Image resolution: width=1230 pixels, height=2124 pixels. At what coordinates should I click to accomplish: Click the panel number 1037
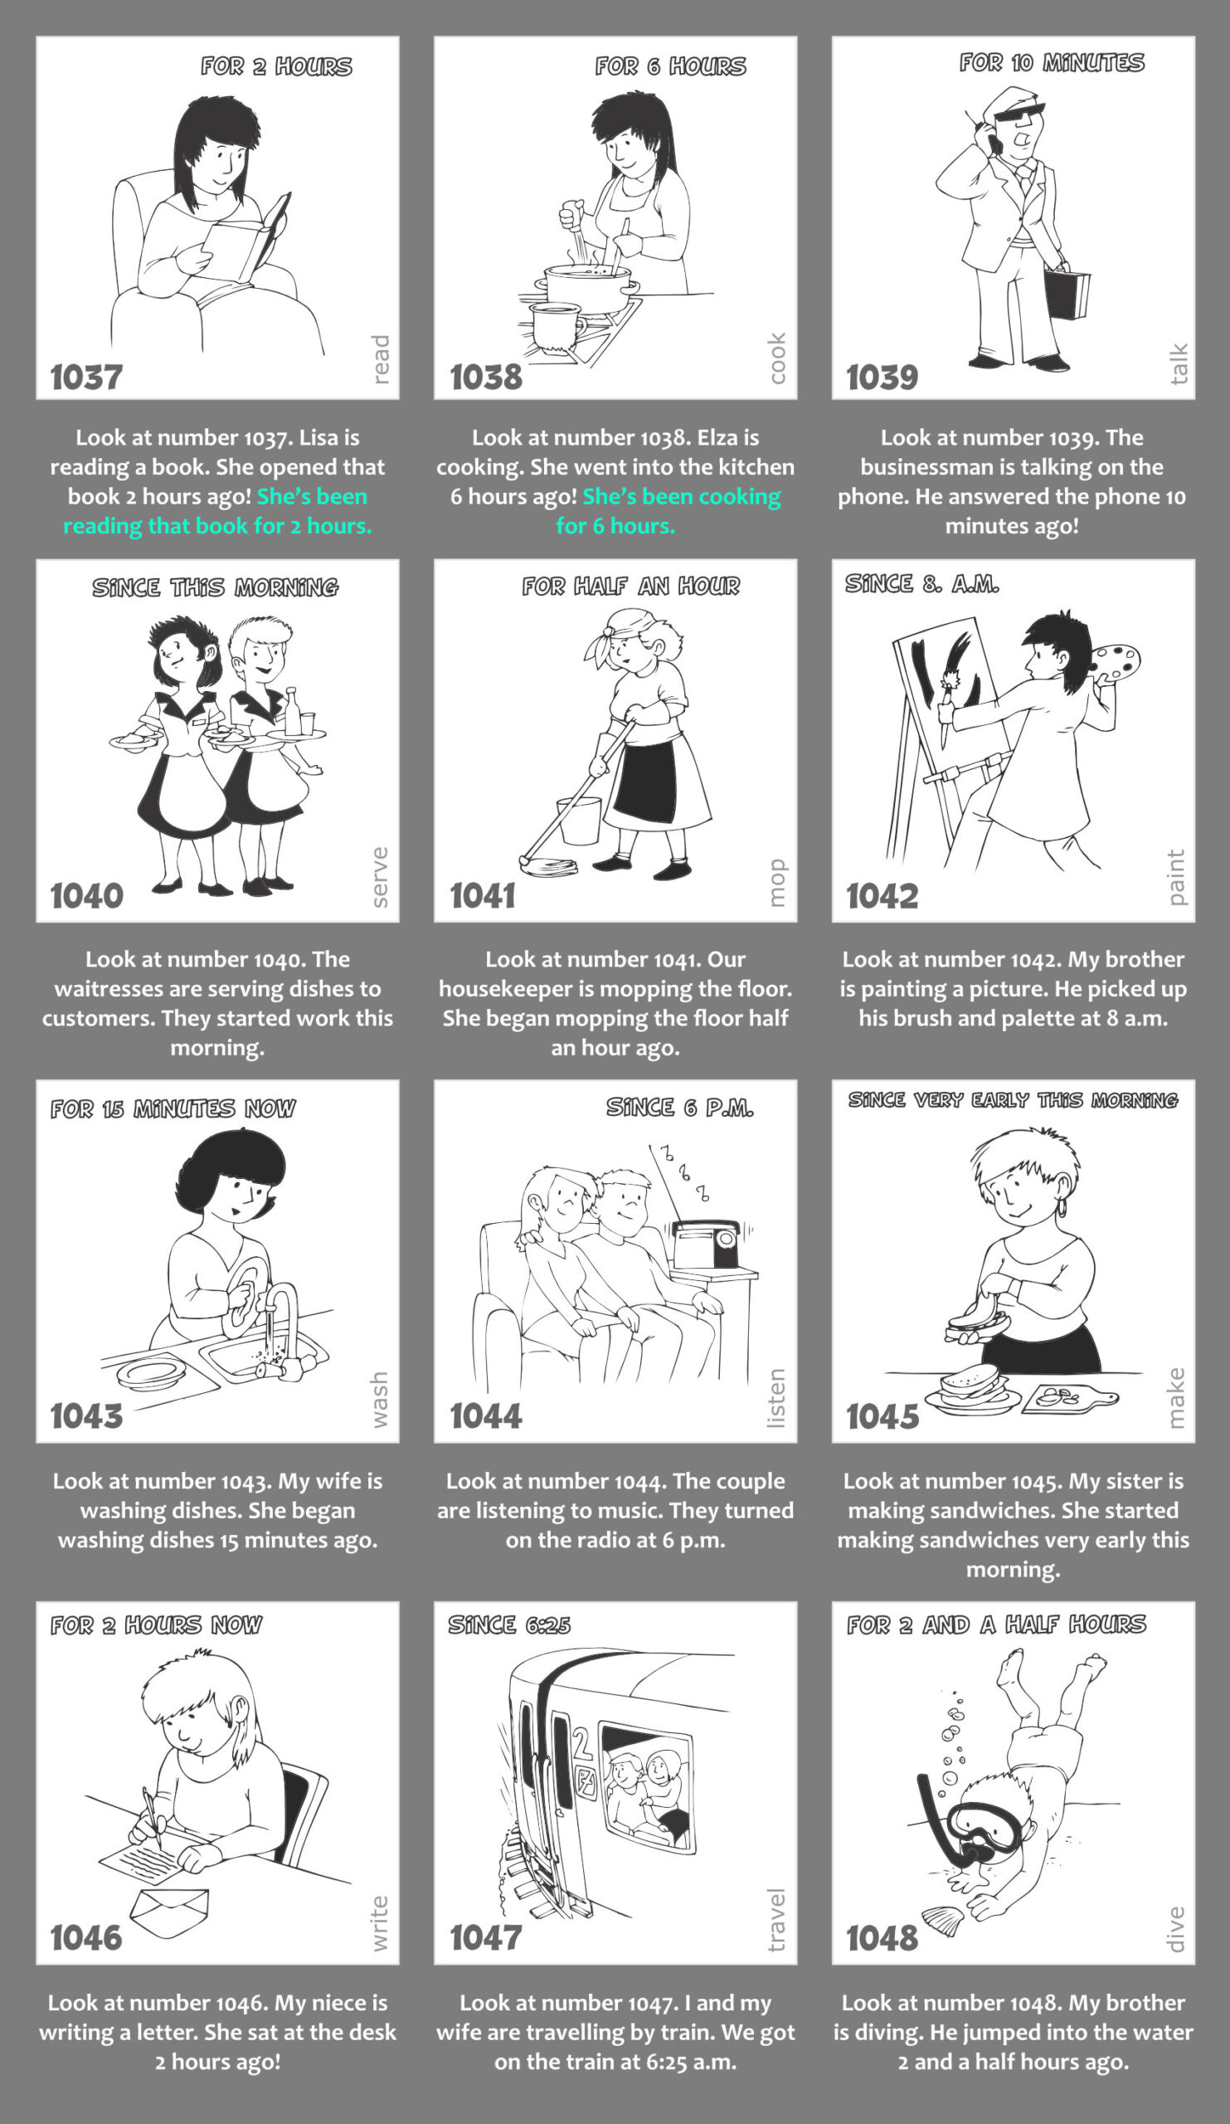coord(86,377)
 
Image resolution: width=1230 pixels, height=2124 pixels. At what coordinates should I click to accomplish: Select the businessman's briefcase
coord(1067,293)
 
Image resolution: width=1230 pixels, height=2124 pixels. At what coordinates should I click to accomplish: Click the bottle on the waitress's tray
coord(292,711)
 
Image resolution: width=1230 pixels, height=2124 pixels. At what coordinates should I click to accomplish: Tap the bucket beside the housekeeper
coord(580,820)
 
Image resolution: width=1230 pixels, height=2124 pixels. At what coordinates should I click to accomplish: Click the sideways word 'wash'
coord(379,1399)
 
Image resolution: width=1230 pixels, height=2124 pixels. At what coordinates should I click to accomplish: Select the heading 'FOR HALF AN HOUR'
coord(630,586)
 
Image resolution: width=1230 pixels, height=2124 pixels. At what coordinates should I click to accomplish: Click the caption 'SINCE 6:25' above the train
coord(509,1625)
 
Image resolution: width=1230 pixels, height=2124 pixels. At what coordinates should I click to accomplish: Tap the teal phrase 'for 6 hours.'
coord(615,526)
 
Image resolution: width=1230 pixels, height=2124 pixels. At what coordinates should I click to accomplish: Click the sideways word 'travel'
coord(776,1919)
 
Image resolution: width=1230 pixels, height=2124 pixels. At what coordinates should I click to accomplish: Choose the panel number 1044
coord(485,1415)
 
